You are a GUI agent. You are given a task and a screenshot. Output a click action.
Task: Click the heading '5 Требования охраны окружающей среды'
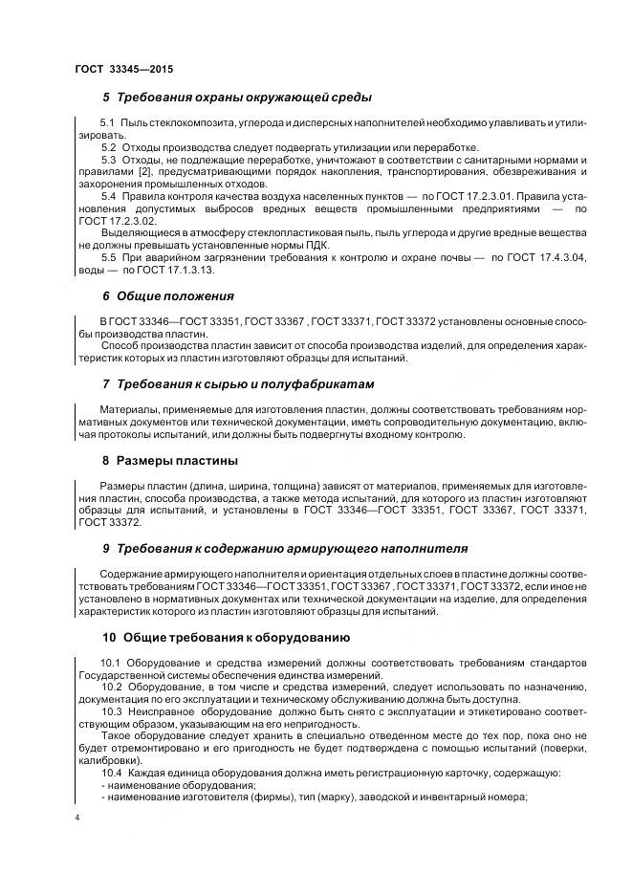[x=236, y=98]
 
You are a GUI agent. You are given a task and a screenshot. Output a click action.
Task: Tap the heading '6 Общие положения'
[x=167, y=296]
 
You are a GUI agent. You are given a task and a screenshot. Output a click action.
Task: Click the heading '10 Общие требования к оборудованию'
[x=226, y=637]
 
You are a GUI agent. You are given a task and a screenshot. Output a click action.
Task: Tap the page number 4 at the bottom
[x=77, y=818]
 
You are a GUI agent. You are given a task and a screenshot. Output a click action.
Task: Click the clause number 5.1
[x=108, y=126]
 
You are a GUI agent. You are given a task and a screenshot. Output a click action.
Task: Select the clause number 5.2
[x=108, y=148]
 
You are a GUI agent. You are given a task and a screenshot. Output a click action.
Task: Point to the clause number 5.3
[x=108, y=160]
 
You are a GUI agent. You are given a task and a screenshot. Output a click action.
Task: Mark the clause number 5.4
[x=108, y=195]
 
